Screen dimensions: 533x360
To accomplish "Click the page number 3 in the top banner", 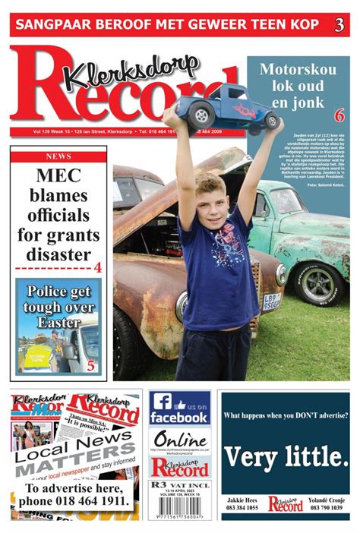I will tap(339, 24).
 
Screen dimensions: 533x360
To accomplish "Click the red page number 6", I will tap(339, 115).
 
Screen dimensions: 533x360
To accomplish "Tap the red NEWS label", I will tap(58, 156).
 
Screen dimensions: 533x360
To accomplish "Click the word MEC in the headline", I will tap(58, 176).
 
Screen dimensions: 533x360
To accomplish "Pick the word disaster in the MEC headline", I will tap(58, 254).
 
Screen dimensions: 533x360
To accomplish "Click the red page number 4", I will tap(97, 267).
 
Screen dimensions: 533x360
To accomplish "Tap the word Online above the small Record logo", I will tap(179, 440).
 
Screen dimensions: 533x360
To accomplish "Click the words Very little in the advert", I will tap(286, 457).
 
